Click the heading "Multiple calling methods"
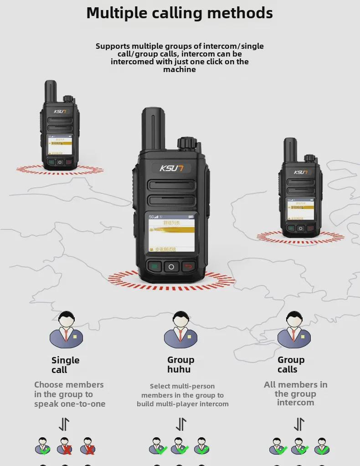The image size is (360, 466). [x=180, y=13]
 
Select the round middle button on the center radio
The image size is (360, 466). [x=171, y=267]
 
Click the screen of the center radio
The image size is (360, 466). [x=171, y=233]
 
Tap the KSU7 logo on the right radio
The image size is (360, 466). [x=301, y=172]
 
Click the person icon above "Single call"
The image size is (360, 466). [x=67, y=330]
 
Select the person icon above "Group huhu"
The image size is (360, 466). [x=180, y=330]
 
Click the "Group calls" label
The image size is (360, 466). [x=291, y=365]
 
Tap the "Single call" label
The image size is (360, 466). [x=65, y=365]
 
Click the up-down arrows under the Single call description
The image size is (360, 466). [x=64, y=424]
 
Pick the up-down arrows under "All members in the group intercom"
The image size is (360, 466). [x=299, y=424]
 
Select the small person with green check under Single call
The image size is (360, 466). [x=43, y=446]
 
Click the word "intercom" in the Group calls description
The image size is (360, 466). [x=295, y=403]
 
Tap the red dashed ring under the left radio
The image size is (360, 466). [x=60, y=170]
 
